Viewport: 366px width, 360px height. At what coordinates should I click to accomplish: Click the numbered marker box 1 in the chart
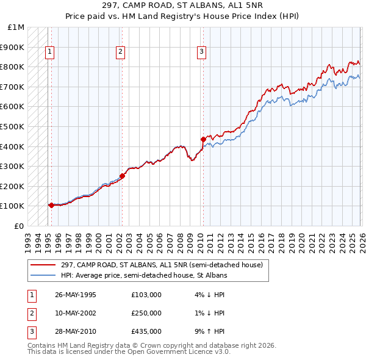click(49, 52)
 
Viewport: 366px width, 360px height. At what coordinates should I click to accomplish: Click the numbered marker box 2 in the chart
click(121, 52)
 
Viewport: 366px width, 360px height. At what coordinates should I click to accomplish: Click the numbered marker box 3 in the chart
click(201, 52)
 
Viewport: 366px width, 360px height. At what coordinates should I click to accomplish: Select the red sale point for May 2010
click(203, 139)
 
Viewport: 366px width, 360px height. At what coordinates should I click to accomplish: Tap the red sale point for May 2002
click(122, 176)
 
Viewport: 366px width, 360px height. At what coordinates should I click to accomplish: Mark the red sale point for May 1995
click(51, 205)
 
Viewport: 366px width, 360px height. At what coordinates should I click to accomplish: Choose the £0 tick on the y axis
click(20, 226)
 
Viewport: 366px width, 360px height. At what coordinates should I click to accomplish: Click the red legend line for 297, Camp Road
click(44, 265)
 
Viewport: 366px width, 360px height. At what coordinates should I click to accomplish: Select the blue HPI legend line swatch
click(44, 275)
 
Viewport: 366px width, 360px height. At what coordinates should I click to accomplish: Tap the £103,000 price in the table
click(146, 295)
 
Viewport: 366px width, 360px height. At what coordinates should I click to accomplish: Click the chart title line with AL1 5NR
click(183, 7)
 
